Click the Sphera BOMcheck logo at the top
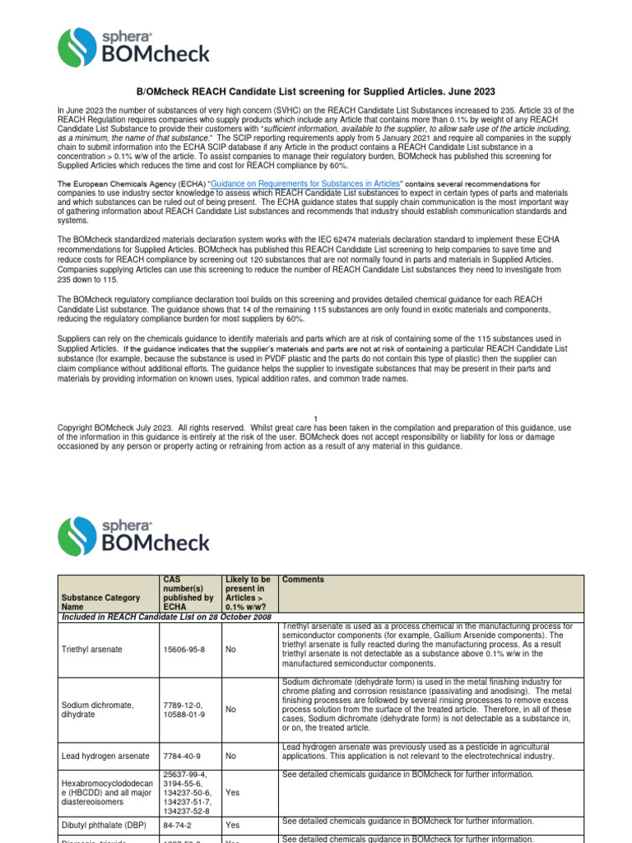pyautogui.click(x=133, y=47)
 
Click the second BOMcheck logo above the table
pyautogui.click(x=133, y=535)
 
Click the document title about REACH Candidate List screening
pyautogui.click(x=315, y=91)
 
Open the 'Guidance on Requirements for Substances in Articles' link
pyautogui.click(x=306, y=183)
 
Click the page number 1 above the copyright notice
pyautogui.click(x=315, y=418)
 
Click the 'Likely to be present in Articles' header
pyautogui.click(x=247, y=594)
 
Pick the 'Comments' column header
pyautogui.click(x=303, y=580)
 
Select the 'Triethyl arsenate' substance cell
pyautogui.click(x=92, y=650)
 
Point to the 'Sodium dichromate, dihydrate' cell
pyautogui.click(x=96, y=710)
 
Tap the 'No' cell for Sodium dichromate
pyautogui.click(x=230, y=708)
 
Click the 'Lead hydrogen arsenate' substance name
pyautogui.click(x=105, y=755)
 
